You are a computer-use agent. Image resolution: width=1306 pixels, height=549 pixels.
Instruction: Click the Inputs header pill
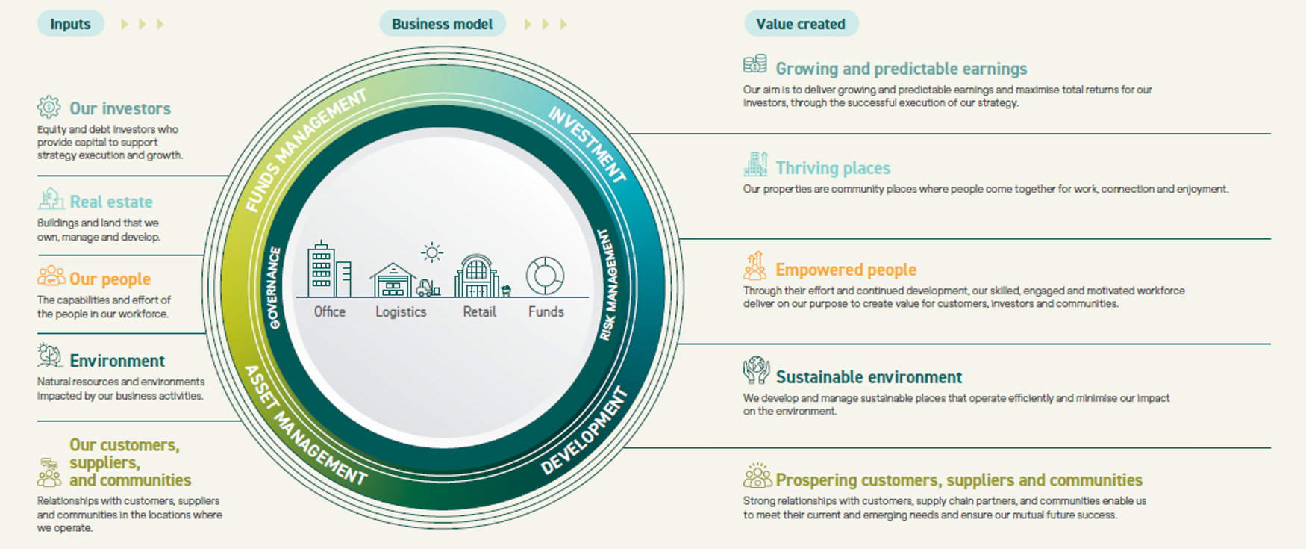click(x=70, y=24)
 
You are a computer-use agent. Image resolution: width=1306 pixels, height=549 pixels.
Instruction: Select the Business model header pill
click(x=442, y=24)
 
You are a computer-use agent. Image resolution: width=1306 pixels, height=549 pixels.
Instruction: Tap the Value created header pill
click(x=801, y=24)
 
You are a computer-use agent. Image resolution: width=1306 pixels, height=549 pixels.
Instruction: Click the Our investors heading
click(x=120, y=108)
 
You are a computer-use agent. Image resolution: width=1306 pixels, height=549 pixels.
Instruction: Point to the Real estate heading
click(x=111, y=202)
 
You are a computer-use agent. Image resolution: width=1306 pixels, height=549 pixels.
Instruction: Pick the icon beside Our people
click(x=51, y=276)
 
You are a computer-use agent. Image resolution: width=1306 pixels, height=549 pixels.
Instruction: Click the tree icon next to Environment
click(x=49, y=356)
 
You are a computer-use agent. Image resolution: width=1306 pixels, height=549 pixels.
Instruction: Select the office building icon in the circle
click(x=328, y=270)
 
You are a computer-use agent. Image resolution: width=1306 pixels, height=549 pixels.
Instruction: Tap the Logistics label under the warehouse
click(x=401, y=312)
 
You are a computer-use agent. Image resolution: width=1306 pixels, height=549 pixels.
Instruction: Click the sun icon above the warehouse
click(x=431, y=252)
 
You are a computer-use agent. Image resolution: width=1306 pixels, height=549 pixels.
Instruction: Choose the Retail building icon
click(x=478, y=276)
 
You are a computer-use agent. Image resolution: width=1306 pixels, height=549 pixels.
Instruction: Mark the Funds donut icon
click(x=545, y=276)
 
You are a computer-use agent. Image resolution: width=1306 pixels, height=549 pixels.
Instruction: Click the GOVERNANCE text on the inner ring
click(x=274, y=288)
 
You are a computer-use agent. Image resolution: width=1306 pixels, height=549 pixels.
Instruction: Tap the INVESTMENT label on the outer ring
click(x=587, y=144)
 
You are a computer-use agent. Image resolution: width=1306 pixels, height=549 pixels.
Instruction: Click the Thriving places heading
click(x=833, y=168)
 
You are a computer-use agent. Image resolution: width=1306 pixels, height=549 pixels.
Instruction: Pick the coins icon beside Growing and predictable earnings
click(x=755, y=64)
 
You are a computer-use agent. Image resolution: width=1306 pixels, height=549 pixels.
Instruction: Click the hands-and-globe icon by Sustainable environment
click(x=756, y=370)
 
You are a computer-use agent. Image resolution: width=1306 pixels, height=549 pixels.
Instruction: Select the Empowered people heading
click(x=846, y=270)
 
